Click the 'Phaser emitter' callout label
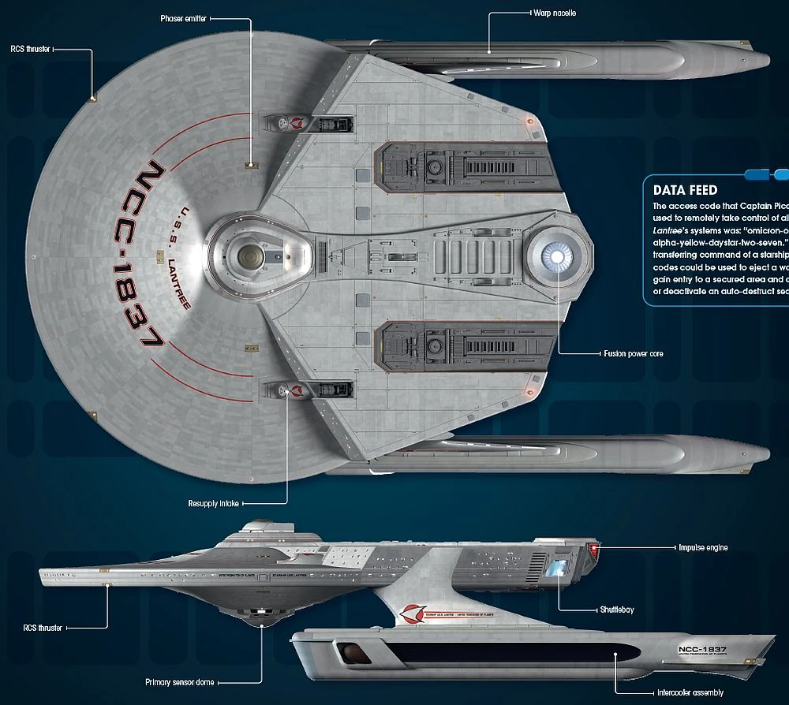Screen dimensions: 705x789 [x=185, y=17]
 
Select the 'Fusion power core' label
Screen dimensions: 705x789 [x=633, y=354]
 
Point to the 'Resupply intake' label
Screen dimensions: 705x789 [x=213, y=503]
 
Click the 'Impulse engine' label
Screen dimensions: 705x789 [x=703, y=547]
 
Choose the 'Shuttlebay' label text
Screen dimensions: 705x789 [x=616, y=610]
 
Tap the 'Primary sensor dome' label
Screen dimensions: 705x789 [x=179, y=682]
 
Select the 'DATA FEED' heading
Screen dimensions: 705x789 [x=685, y=190]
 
